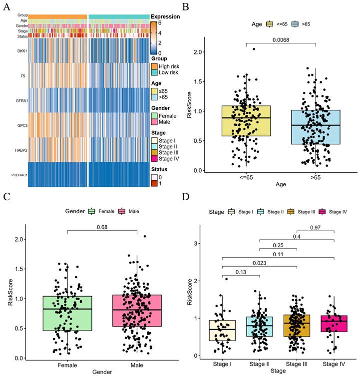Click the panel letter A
7,7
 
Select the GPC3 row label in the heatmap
22,125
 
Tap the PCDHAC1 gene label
19,175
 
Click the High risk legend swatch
154,66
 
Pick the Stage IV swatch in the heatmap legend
154,159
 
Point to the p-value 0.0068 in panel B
281,40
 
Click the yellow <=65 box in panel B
246,121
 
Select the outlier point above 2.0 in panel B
254,49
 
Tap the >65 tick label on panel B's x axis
316,177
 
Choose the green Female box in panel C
67,313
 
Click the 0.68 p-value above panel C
102,227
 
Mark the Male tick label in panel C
137,365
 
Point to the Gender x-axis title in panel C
102,372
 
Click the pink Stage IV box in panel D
334,324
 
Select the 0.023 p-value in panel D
260,263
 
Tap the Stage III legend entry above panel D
301,212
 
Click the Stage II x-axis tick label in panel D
260,364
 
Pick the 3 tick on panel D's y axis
195,243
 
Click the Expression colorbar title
165,16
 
